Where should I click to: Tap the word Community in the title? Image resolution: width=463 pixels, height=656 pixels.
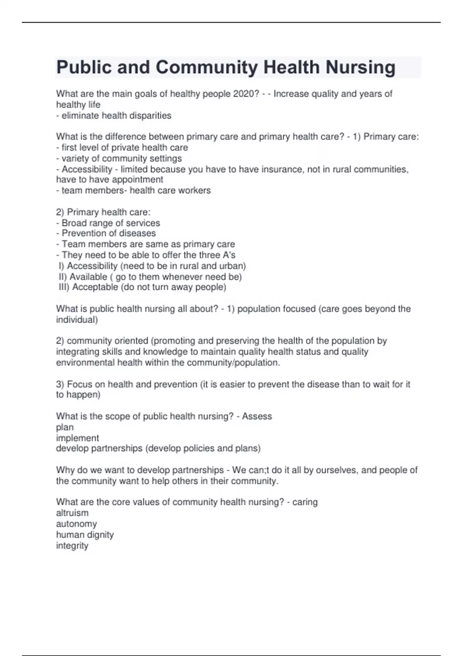coord(206,67)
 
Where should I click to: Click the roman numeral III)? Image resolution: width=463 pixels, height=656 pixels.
coord(64,287)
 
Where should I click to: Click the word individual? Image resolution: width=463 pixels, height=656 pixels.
coord(76,320)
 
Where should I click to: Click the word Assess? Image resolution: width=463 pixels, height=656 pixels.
coord(257,416)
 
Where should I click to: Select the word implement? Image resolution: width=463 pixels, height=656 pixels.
coord(78,438)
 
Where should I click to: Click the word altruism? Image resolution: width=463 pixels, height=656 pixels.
coord(72,513)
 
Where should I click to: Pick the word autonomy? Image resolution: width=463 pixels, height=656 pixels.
coord(76,524)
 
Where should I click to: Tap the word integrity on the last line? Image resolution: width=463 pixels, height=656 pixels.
coord(72,545)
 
